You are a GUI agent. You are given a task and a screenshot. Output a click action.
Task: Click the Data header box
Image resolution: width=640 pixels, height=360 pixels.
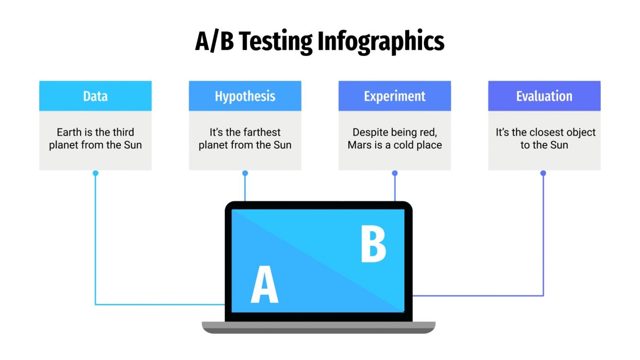tap(95, 96)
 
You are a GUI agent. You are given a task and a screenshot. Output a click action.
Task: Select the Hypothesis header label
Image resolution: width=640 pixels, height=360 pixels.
tap(245, 96)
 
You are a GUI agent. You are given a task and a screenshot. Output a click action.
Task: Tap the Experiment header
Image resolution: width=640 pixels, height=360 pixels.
tap(394, 96)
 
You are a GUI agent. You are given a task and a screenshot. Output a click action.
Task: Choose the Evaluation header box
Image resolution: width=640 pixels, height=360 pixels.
tap(544, 96)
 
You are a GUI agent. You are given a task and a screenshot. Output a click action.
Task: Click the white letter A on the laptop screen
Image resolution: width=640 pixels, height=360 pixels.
tap(264, 285)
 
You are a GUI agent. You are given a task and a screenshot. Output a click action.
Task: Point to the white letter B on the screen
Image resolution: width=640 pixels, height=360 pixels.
tap(373, 245)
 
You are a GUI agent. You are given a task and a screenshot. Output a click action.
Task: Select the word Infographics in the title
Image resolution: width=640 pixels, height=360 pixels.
tap(381, 42)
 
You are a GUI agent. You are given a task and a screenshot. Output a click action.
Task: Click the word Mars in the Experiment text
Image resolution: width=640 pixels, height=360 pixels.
tap(359, 145)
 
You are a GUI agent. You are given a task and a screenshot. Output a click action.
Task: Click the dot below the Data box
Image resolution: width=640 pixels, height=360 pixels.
tap(95, 173)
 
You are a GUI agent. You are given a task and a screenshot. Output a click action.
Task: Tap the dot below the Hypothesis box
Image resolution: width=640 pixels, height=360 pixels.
tap(245, 173)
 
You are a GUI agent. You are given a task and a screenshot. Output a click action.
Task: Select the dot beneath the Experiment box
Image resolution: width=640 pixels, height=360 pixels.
tap(395, 173)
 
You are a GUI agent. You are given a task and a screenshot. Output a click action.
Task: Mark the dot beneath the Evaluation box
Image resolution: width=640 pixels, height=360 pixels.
tap(543, 173)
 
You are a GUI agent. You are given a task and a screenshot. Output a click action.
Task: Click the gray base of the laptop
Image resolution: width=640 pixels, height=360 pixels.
tap(319, 327)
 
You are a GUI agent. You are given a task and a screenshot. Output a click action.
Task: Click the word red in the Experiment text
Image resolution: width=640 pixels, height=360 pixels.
tap(427, 132)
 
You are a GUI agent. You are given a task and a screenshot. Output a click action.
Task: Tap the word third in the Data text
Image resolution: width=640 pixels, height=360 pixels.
tap(123, 132)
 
